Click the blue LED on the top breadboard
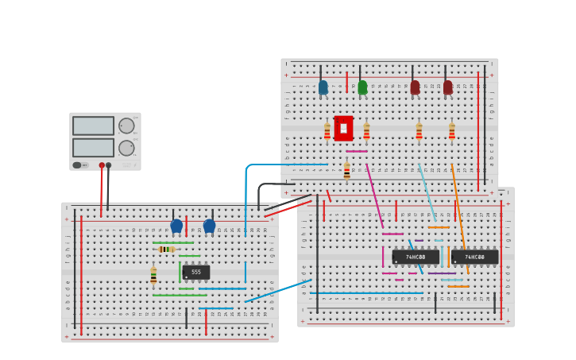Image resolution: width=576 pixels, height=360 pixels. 323,87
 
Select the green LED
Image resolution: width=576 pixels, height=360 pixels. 362,87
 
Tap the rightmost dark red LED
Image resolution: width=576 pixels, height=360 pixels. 447,87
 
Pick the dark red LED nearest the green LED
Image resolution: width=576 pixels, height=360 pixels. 415,87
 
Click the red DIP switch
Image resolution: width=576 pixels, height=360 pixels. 343,128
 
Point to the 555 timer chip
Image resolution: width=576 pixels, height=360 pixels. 196,272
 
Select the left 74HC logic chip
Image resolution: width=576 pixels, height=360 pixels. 415,257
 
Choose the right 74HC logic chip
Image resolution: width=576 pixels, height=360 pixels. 474,257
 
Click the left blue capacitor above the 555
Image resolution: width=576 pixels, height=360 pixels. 176,226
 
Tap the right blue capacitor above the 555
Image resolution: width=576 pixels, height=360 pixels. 209,226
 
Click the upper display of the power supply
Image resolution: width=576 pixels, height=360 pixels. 93,126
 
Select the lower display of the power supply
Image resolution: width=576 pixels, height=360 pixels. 93,148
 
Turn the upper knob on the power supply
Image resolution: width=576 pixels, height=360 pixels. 126,126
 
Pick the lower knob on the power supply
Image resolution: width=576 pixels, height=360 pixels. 126,148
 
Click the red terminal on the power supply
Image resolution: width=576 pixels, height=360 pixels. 102,165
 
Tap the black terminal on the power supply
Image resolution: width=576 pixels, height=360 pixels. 109,165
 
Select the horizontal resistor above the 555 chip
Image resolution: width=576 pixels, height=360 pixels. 166,249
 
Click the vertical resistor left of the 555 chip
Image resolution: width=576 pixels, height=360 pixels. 153,276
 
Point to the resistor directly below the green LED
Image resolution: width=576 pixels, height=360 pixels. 366,131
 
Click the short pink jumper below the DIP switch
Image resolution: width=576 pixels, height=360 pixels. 356,151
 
